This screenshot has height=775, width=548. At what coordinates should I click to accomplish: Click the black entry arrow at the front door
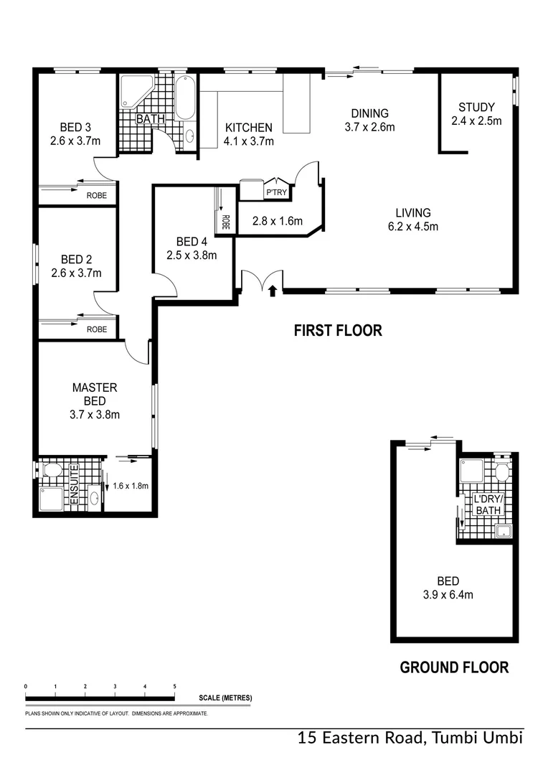(272, 291)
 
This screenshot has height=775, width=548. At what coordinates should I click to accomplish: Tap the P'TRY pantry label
(275, 193)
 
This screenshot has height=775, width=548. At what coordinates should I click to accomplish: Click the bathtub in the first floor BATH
(185, 98)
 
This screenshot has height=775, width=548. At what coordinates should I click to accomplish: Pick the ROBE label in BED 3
(97, 194)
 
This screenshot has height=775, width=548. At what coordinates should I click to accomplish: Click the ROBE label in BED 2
(97, 329)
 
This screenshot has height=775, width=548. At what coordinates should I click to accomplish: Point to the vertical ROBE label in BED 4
(225, 222)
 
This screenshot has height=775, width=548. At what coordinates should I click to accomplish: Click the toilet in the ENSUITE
(52, 470)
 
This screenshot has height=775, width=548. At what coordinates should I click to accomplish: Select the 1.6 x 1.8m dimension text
(131, 486)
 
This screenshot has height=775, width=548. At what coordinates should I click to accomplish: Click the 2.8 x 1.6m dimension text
(278, 221)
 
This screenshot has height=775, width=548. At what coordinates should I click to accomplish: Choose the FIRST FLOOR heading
(338, 331)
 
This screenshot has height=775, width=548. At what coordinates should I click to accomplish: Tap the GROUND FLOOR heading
(454, 668)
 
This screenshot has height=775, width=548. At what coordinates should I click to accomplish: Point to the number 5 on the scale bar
(174, 687)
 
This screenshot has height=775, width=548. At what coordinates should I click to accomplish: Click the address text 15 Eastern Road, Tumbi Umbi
(410, 738)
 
